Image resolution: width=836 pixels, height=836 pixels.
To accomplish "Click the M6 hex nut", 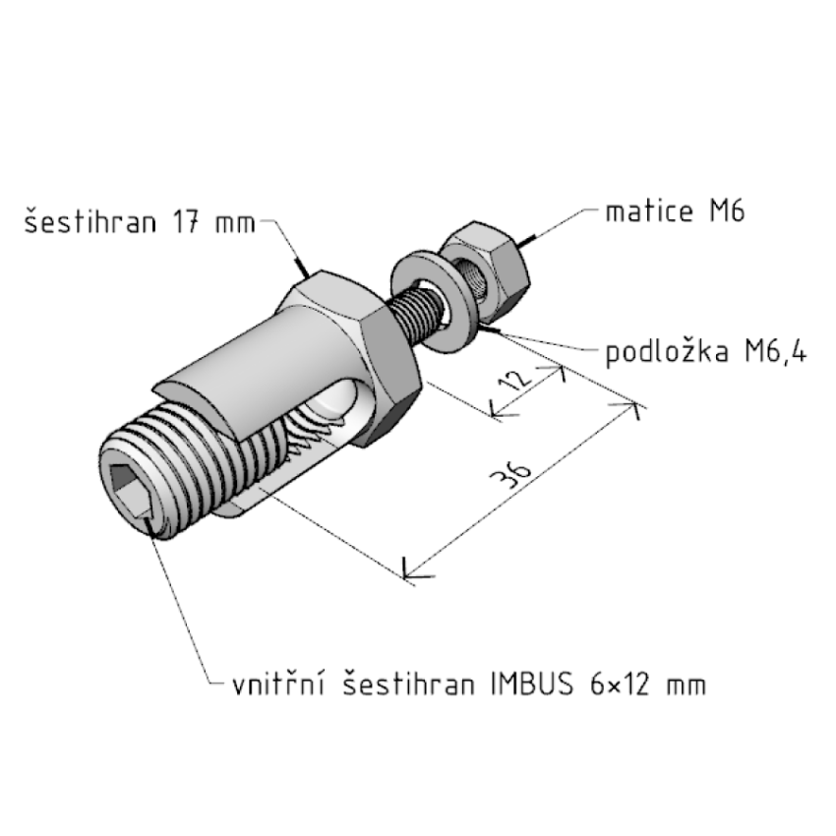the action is click(485, 271).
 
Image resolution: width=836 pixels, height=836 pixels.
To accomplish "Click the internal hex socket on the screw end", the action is click(130, 491).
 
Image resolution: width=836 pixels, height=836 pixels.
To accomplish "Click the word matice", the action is click(649, 211).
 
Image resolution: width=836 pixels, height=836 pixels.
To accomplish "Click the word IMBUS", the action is click(531, 685).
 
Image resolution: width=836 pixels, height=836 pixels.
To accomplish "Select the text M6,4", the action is click(776, 352).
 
